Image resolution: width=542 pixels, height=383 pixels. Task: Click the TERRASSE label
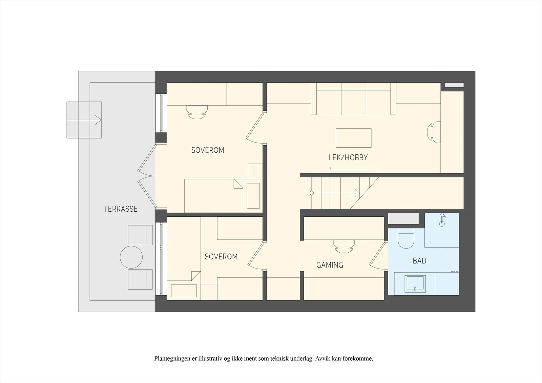[121, 209]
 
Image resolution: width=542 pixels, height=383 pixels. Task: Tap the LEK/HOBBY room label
[348, 158]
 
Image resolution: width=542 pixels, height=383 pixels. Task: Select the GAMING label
[330, 265]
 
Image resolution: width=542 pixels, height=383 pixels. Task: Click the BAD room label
[419, 260]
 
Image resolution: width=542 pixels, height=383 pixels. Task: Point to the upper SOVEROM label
[208, 150]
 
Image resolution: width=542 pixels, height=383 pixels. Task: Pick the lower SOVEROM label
[221, 256]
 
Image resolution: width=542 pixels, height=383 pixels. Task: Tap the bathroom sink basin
[415, 283]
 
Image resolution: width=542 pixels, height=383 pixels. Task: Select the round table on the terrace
[131, 257]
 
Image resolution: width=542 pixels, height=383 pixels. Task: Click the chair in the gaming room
[344, 247]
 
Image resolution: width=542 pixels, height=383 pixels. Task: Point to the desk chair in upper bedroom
[197, 112]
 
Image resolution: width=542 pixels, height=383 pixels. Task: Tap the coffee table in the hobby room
[354, 138]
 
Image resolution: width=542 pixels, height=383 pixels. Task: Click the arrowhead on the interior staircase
[357, 193]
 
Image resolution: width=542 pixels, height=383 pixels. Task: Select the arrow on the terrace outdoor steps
[84, 120]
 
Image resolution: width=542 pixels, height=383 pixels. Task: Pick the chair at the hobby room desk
[434, 132]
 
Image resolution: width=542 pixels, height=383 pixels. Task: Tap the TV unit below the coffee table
[354, 169]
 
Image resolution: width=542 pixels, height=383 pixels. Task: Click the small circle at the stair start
[312, 193]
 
